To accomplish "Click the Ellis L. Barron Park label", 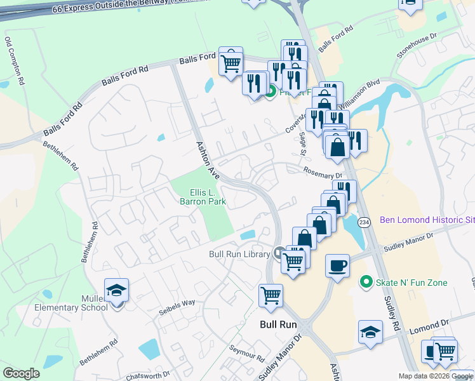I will (x=208, y=197).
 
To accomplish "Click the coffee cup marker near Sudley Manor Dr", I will (x=338, y=265).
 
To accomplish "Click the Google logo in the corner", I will (x=22, y=373).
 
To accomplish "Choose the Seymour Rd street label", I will (x=247, y=352).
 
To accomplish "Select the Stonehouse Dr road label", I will (x=417, y=47).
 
